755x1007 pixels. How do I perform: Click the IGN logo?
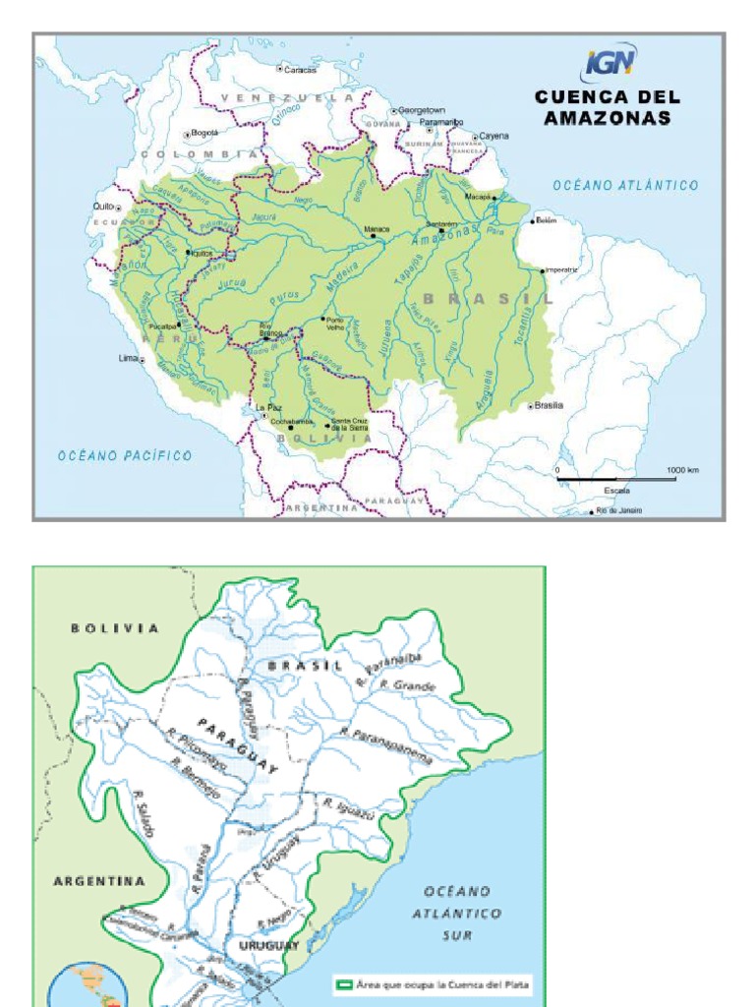coord(610,66)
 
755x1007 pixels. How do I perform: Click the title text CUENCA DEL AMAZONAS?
coord(608,107)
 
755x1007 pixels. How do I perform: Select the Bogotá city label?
coord(203,132)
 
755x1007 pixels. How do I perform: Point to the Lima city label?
coord(129,359)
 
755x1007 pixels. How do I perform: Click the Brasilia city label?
coord(549,405)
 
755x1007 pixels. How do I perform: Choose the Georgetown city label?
coord(422,110)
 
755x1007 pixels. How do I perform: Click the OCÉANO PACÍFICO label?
coord(125,455)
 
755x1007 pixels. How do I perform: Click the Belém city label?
coord(547,220)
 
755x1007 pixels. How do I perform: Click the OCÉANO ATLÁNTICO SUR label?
coord(457,913)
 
